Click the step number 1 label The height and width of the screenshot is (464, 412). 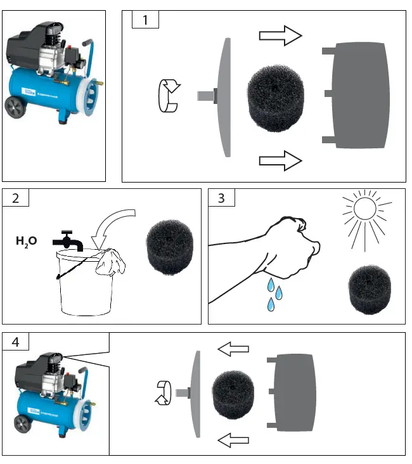point(145,20)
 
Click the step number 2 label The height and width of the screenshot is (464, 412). point(16,198)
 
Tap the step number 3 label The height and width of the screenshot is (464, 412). point(221,198)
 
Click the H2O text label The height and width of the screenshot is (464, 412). point(27,241)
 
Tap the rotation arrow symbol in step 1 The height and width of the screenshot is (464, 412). point(169,97)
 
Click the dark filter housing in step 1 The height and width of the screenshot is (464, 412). point(357,95)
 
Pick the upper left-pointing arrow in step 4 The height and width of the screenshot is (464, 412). point(233,348)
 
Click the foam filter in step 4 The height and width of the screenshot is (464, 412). point(233,394)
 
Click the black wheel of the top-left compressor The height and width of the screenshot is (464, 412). point(15,108)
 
